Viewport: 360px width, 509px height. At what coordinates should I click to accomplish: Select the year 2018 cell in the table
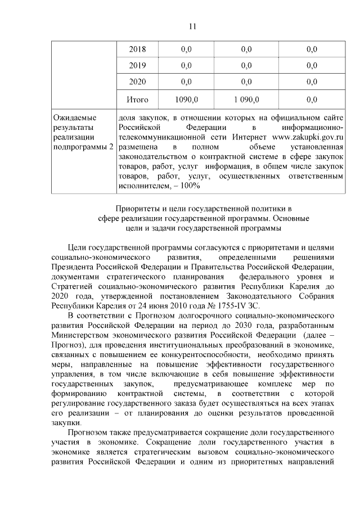click(137, 49)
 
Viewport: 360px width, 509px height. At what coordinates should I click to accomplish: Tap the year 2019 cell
click(137, 65)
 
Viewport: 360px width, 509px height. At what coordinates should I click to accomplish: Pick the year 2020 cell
click(137, 82)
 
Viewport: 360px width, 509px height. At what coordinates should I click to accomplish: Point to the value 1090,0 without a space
click(186, 100)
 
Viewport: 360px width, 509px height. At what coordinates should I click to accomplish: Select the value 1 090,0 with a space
click(246, 100)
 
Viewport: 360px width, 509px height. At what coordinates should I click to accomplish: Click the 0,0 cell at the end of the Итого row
click(312, 100)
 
